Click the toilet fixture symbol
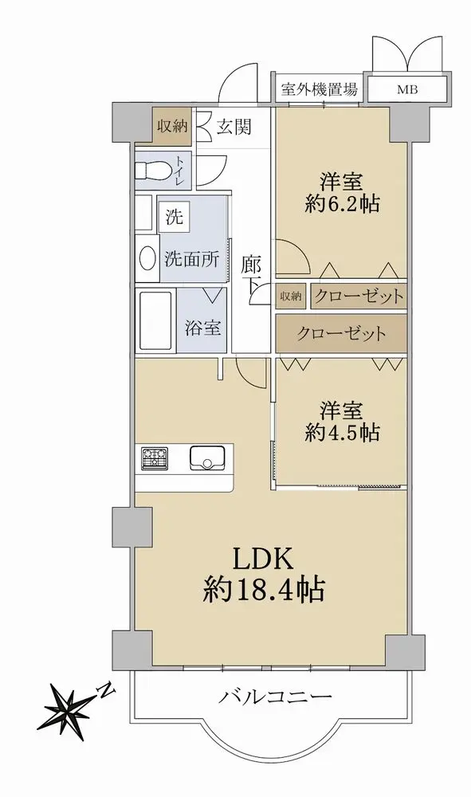pos(152,171)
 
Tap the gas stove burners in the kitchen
pos(155,457)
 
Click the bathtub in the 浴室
pos(155,320)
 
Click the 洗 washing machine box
pos(175,217)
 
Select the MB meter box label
pos(407,91)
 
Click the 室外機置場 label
pos(320,90)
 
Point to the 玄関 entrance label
pos(234,127)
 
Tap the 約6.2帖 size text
pos(342,204)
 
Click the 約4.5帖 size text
pos(342,432)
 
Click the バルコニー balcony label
pos(275,697)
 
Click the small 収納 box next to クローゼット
pos(291,296)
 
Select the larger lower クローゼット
pos(341,333)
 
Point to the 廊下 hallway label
pos(251,276)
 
